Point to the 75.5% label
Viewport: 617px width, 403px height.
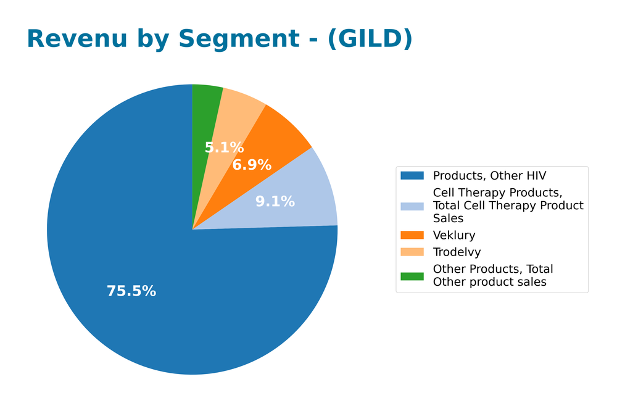point(131,291)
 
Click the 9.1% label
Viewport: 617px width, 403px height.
point(275,202)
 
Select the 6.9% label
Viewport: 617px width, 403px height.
point(252,165)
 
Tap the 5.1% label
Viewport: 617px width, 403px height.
point(224,148)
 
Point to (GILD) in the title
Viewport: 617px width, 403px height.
point(370,39)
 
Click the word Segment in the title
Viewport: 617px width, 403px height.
point(247,39)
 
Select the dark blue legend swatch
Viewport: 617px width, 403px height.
point(412,176)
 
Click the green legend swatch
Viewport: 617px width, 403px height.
point(412,276)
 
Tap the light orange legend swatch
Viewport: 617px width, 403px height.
point(412,252)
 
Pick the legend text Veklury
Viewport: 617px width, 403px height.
point(454,235)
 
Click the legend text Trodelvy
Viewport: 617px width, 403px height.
point(457,252)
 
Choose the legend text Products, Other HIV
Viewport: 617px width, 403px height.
point(489,176)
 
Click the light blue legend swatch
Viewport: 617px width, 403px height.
point(412,206)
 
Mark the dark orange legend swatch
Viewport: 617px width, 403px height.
point(412,235)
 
